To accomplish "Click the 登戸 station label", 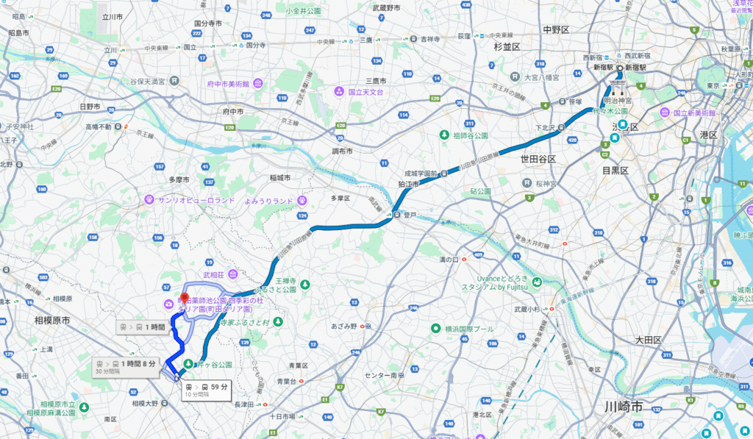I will pyautogui.click(x=410, y=215).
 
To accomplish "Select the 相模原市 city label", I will pyautogui.click(x=56, y=321).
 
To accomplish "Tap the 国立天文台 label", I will pyautogui.click(x=366, y=92).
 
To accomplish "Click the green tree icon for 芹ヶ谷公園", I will pyautogui.click(x=188, y=364).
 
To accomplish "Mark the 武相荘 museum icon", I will pyautogui.click(x=232, y=274).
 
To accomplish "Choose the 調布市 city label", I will pyautogui.click(x=342, y=151).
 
